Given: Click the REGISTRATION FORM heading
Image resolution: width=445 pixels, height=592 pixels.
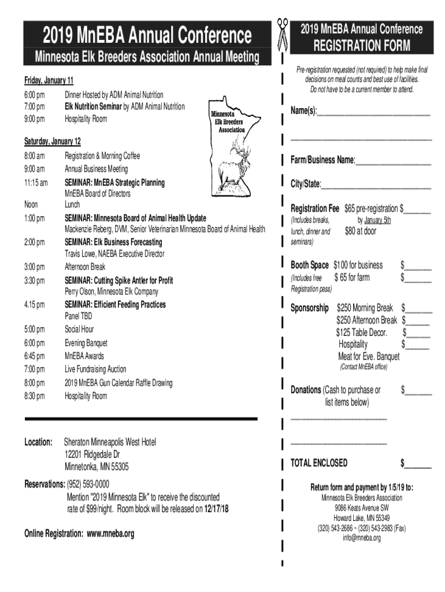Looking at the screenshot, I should point(362,46).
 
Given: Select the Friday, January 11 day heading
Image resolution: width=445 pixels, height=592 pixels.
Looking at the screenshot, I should point(49,80).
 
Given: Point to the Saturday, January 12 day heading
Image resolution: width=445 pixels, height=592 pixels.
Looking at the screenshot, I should point(52,142).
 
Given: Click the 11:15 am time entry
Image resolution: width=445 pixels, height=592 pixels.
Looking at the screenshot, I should point(36,183).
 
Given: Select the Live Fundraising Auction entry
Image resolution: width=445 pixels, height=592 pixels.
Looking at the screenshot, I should point(95,369).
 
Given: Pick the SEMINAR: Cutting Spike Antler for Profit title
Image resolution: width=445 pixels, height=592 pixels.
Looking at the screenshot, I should point(118,280).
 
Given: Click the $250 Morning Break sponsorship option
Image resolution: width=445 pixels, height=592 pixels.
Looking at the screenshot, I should point(365,308).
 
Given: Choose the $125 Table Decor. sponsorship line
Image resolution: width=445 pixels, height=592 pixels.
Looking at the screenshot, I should point(362,332).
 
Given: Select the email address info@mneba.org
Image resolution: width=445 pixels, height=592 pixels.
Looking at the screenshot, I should point(362,538).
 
